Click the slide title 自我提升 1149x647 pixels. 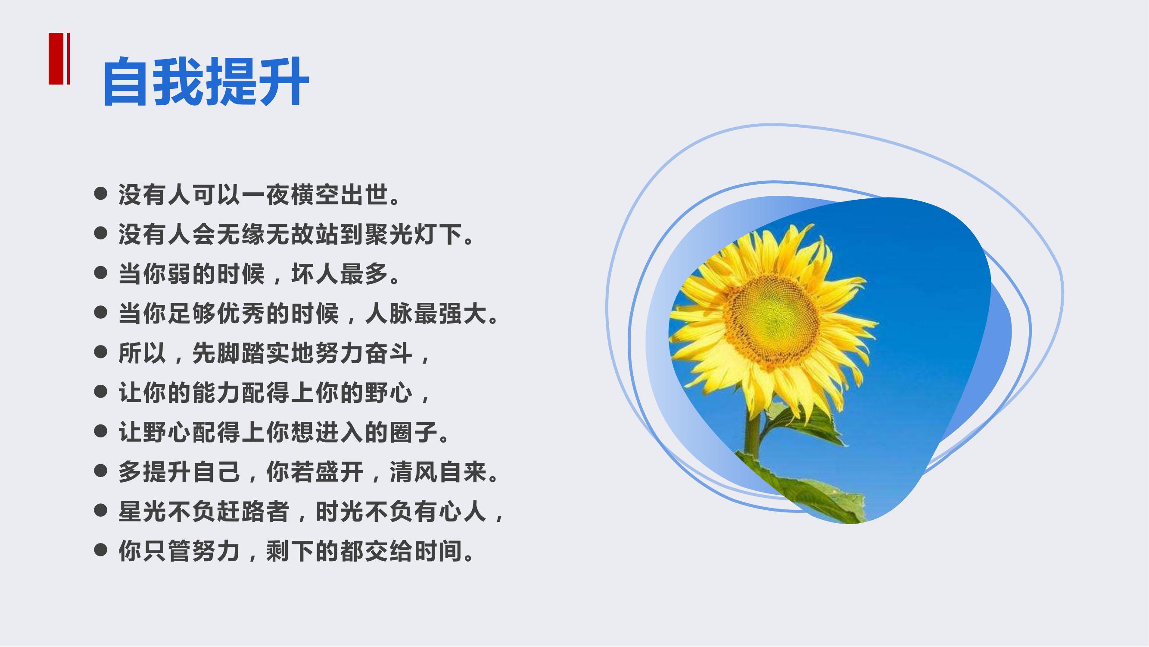coord(206,81)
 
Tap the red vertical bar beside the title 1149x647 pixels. coord(56,59)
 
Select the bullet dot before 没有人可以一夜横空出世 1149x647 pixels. coord(101,194)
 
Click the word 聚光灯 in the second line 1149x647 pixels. coord(401,234)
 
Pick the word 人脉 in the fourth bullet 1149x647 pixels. coord(389,314)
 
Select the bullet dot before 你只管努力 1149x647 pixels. coord(101,550)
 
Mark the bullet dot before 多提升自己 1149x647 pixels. coord(101,471)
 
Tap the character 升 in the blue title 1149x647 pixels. coord(284,81)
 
